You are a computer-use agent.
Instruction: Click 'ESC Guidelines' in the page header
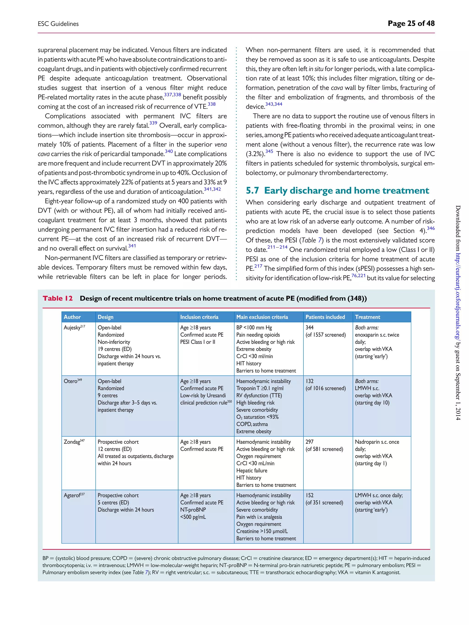pos(58,24)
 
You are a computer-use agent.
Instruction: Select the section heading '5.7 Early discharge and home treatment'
pos(337,190)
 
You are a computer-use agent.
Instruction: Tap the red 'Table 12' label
pos(58,298)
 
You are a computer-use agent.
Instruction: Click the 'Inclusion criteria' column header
pos(199,317)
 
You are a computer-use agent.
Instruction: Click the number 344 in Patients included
pos(309,327)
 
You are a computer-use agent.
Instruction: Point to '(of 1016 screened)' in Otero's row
pos(325,388)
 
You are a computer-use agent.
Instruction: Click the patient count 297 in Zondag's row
pos(309,442)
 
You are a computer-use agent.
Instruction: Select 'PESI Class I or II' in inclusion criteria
pos(198,342)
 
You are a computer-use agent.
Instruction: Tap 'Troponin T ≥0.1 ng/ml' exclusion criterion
pos(260,388)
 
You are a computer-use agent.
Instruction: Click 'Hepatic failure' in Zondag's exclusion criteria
pos(252,471)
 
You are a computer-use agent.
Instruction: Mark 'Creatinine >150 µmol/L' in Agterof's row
pos(262,531)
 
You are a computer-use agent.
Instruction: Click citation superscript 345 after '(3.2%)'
pos(269,152)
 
